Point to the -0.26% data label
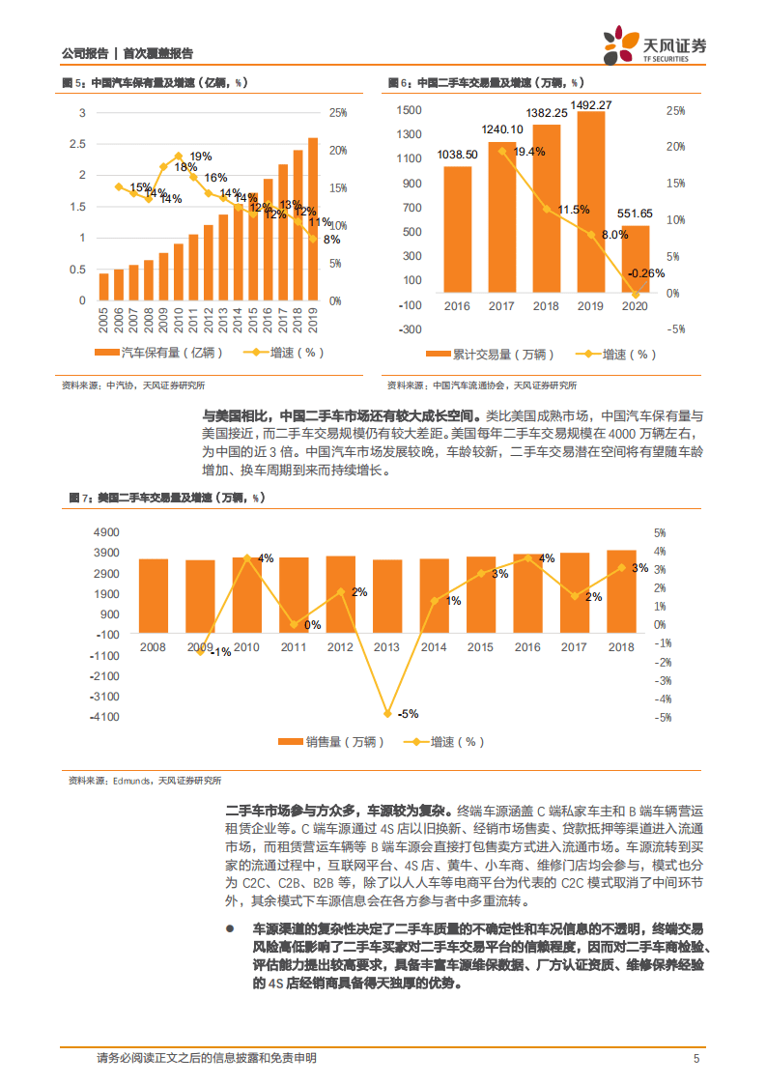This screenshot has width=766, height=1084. (x=646, y=273)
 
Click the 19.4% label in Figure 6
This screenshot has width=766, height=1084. (x=529, y=152)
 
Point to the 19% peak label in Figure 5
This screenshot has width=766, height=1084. (x=201, y=157)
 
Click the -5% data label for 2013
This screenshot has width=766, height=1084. (x=407, y=714)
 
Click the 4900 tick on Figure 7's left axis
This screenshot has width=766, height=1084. (x=105, y=532)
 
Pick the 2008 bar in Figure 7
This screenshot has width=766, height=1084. (x=153, y=596)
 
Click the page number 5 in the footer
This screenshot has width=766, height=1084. (x=695, y=1058)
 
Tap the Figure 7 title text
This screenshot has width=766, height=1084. (x=165, y=498)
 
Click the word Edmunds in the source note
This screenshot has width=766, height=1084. (x=131, y=781)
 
